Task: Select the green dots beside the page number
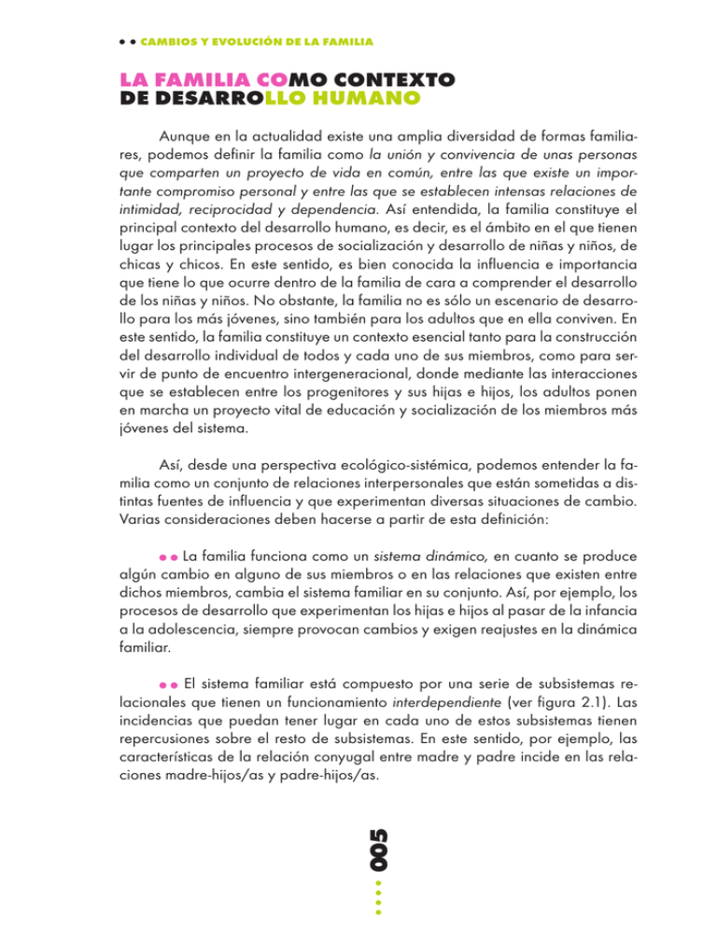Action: pyautogui.click(x=379, y=901)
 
